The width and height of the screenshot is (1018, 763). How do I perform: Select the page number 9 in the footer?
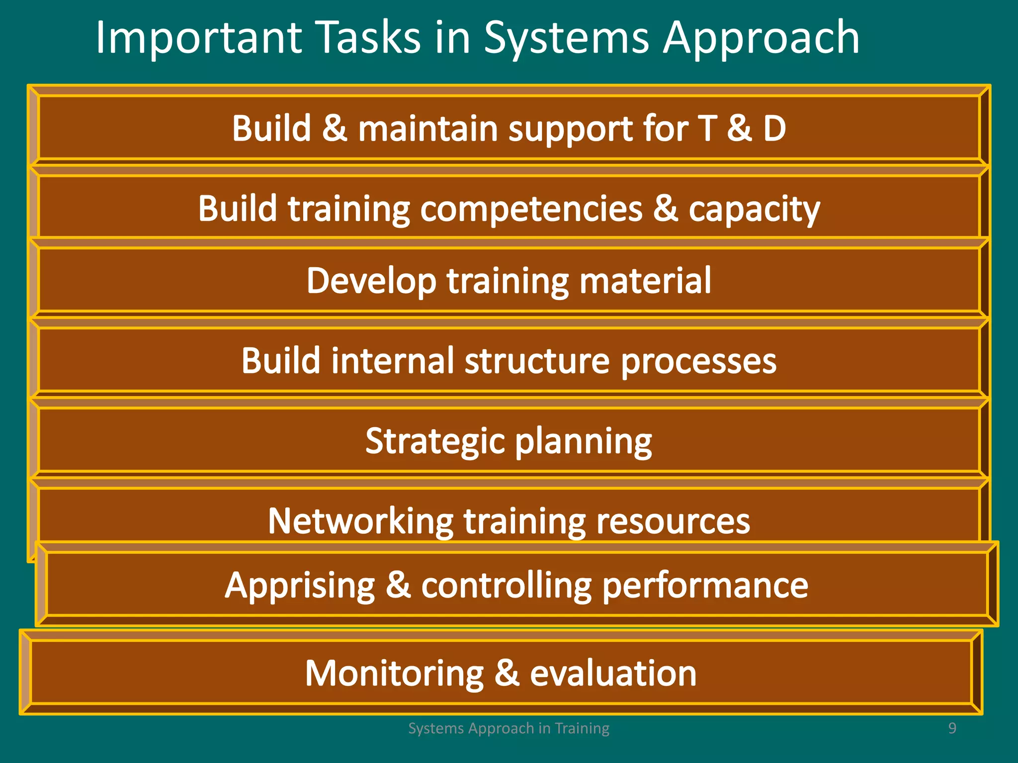pyautogui.click(x=952, y=728)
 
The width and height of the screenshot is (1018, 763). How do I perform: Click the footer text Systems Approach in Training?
pyautogui.click(x=509, y=728)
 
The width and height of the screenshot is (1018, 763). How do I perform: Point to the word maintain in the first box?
pyautogui.click(x=428, y=129)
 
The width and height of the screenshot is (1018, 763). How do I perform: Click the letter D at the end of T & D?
pyautogui.click(x=774, y=129)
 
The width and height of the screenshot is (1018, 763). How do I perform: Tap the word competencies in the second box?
pyautogui.click(x=531, y=210)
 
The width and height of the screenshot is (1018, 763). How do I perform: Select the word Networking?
pyautogui.click(x=361, y=522)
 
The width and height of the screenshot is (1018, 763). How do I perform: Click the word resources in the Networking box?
pyautogui.click(x=673, y=522)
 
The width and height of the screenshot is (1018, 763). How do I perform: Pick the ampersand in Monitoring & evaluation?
pyautogui.click(x=507, y=674)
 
